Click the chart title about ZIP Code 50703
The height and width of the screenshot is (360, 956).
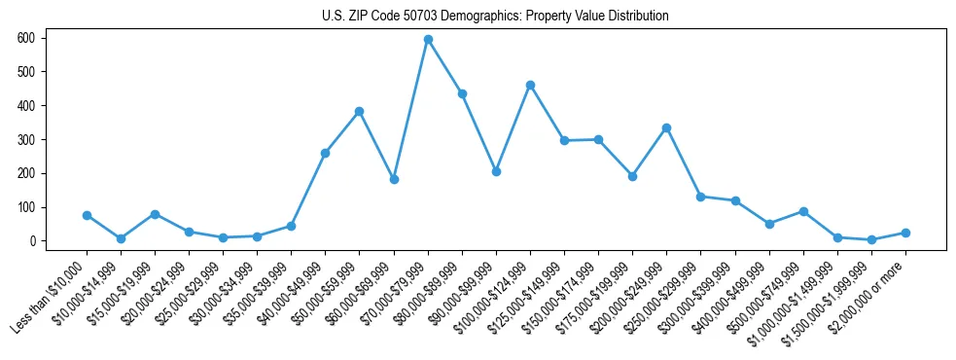click(495, 17)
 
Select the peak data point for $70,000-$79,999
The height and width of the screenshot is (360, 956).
click(428, 40)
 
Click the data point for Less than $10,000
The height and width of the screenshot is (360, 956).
click(87, 215)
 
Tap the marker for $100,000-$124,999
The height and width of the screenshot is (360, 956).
click(530, 85)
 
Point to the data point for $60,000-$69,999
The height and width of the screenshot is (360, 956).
click(394, 179)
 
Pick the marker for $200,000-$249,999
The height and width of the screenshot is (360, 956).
click(666, 127)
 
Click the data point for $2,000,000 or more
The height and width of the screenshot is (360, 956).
click(905, 233)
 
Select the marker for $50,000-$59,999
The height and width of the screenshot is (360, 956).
click(360, 111)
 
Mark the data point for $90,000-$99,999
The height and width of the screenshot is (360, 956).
click(496, 171)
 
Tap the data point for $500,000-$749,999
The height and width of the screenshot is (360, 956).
click(803, 211)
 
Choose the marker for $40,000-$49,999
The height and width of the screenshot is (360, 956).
click(326, 153)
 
